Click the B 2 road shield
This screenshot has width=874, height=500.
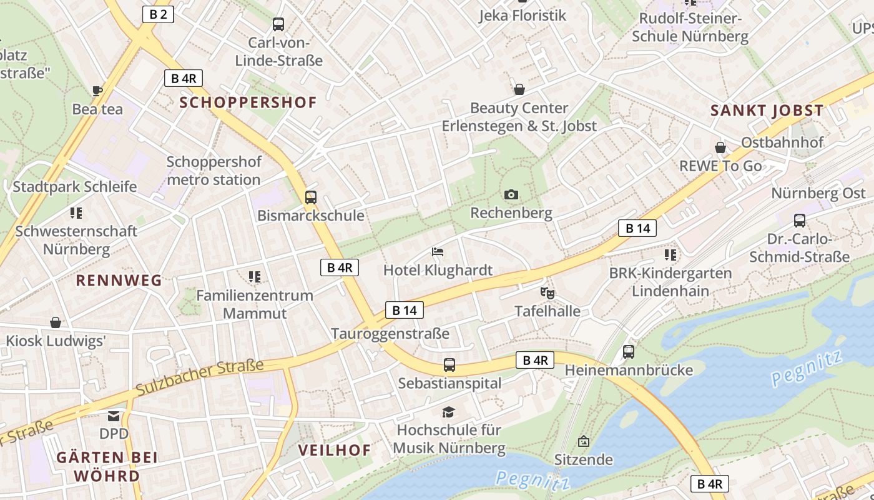click(157, 14)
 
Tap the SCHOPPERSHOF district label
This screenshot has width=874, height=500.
click(248, 102)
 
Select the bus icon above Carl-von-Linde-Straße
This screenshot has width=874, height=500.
click(278, 24)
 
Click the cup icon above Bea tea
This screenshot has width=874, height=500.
click(97, 91)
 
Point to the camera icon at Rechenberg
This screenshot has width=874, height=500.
click(511, 194)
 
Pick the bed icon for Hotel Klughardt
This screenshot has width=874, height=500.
click(438, 252)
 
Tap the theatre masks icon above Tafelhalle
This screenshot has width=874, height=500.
click(547, 292)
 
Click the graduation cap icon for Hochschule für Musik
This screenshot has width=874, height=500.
click(448, 412)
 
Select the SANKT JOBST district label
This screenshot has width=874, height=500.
click(767, 111)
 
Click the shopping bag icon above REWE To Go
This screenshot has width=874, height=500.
click(720, 147)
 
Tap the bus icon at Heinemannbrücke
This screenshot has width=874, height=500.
click(629, 352)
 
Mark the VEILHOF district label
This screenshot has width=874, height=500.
click(335, 450)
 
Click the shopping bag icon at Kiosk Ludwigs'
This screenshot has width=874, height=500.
click(56, 322)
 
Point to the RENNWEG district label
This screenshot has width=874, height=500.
click(119, 281)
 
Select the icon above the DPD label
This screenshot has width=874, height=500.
click(114, 416)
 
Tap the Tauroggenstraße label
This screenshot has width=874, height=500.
click(390, 334)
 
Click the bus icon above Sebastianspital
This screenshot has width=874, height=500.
click(449, 365)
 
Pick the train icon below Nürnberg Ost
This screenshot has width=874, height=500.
click(800, 220)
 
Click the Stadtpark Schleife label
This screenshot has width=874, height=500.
click(74, 187)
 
